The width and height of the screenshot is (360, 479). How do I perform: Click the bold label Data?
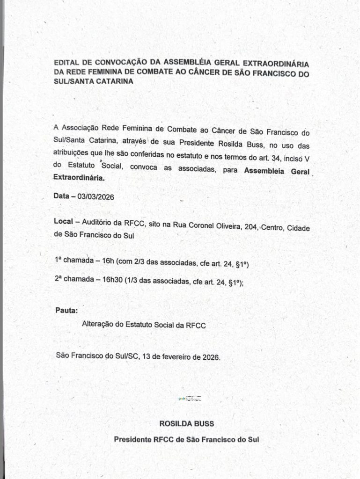pyautogui.click(x=61, y=197)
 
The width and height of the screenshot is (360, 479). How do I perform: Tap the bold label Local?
pyautogui.click(x=64, y=224)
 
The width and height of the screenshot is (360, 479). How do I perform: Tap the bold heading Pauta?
pyautogui.click(x=66, y=310)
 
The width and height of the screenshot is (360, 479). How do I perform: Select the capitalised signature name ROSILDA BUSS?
pyautogui.click(x=186, y=424)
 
